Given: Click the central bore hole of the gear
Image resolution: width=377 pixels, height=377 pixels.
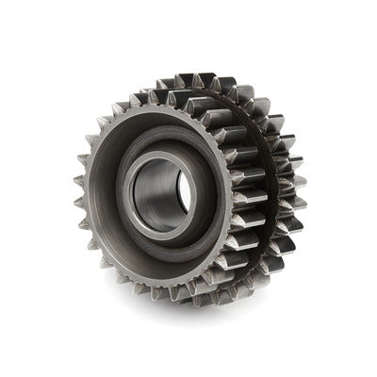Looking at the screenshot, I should [x=162, y=196].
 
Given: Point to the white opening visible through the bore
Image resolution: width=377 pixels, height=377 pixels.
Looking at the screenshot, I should [x=182, y=194].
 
